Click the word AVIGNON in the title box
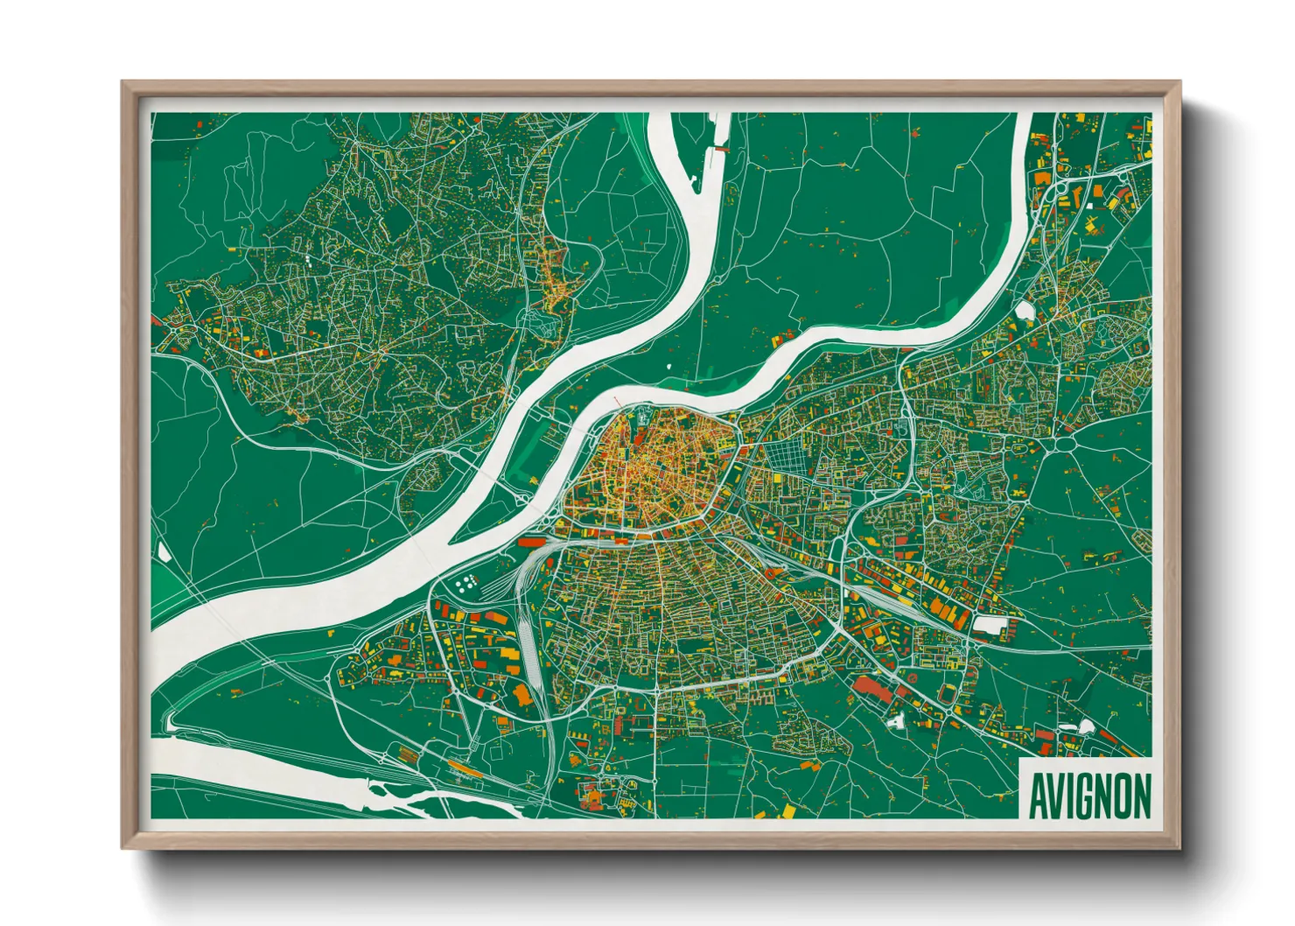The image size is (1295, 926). point(1089,796)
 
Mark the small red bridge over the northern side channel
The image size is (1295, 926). point(720,150)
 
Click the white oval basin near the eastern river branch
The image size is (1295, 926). point(1025,310)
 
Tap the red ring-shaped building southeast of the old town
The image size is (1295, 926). point(773,572)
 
